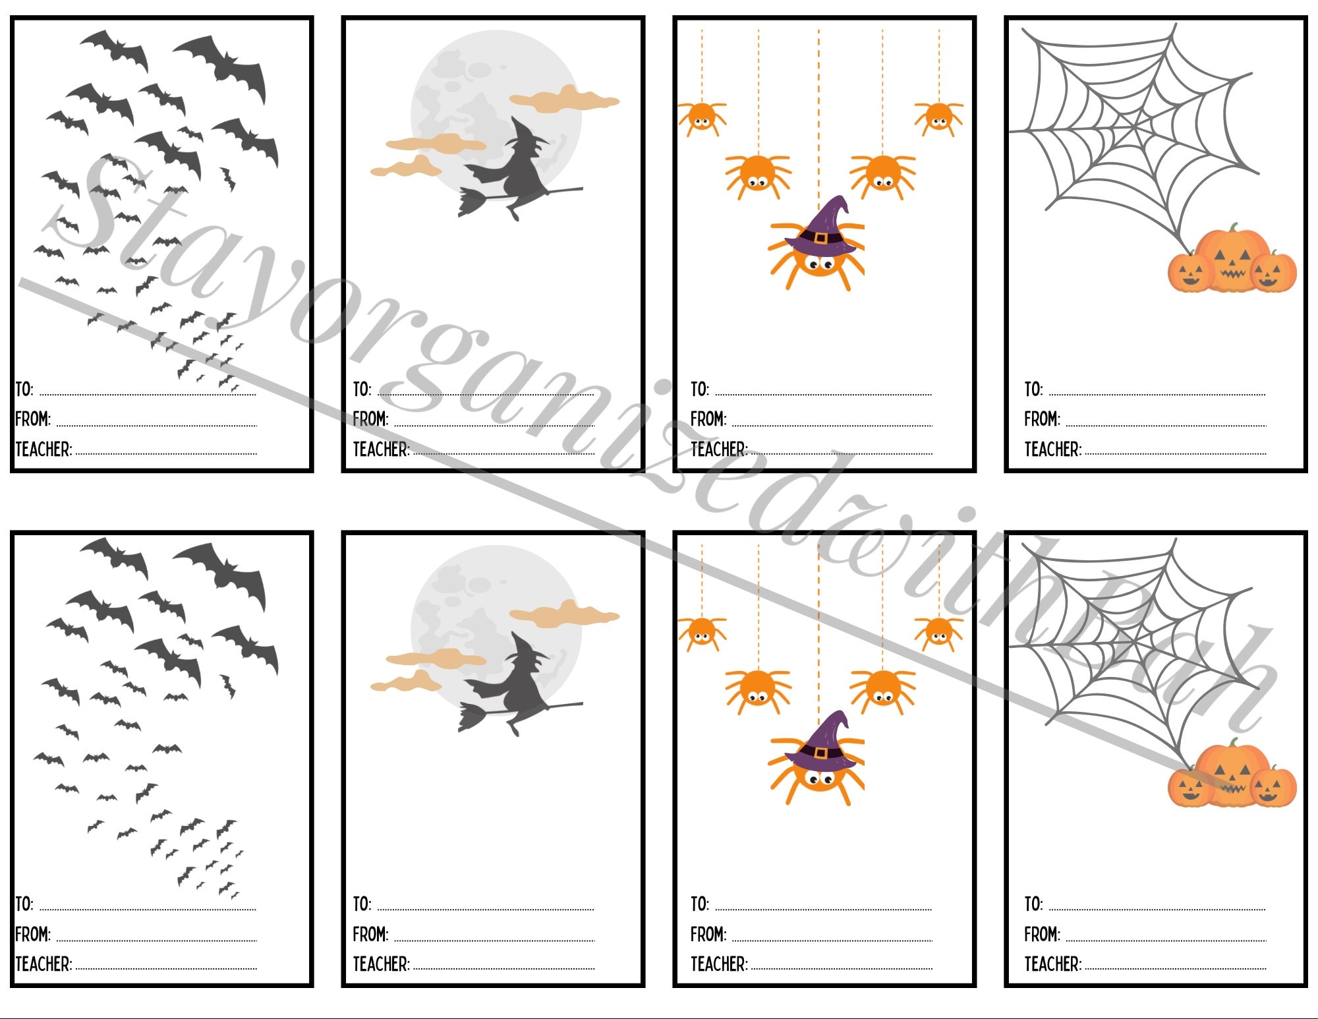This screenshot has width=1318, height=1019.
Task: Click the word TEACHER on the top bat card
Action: [43, 450]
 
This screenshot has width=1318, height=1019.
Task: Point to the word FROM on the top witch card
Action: [370, 419]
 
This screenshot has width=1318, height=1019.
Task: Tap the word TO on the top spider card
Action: [699, 389]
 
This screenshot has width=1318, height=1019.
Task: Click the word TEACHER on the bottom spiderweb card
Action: [1052, 964]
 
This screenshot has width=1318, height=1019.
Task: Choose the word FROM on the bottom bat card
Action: [32, 934]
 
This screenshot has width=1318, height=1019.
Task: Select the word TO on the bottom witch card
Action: [362, 904]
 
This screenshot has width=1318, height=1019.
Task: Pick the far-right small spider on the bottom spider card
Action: [938, 633]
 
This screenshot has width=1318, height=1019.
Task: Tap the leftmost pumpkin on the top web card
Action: [1190, 272]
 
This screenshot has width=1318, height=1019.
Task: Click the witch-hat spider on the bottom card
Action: [817, 765]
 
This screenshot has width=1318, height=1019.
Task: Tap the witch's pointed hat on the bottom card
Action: [527, 649]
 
